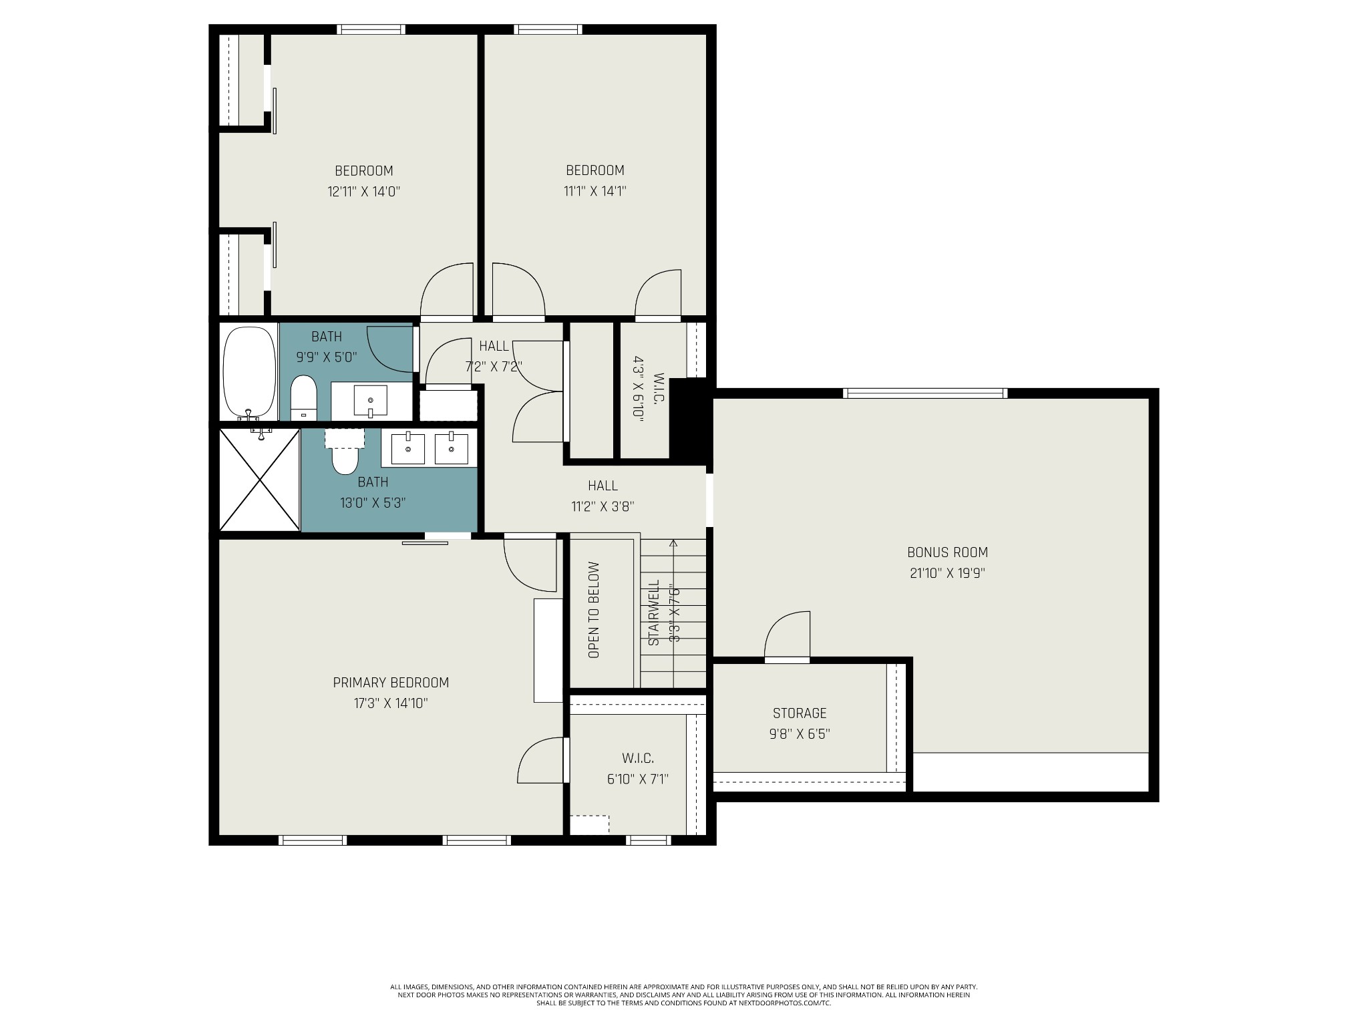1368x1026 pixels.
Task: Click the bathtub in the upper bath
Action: [x=249, y=371]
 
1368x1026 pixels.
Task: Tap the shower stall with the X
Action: [x=260, y=480]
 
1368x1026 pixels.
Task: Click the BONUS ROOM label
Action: [x=947, y=552]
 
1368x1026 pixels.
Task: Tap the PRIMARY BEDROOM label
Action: [x=391, y=683]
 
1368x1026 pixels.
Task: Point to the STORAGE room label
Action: [x=800, y=713]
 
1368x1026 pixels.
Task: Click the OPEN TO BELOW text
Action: [x=594, y=610]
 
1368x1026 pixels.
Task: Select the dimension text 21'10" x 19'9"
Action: [x=947, y=573]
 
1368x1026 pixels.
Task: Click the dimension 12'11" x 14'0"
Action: [x=363, y=192]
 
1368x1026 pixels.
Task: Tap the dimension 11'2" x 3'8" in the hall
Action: [x=603, y=506]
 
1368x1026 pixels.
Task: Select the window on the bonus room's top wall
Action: [x=925, y=393]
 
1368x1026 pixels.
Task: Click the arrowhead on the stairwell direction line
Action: [x=673, y=543]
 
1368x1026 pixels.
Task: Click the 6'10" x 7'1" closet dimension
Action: [x=638, y=779]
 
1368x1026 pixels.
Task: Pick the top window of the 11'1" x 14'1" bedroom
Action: [x=548, y=29]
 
